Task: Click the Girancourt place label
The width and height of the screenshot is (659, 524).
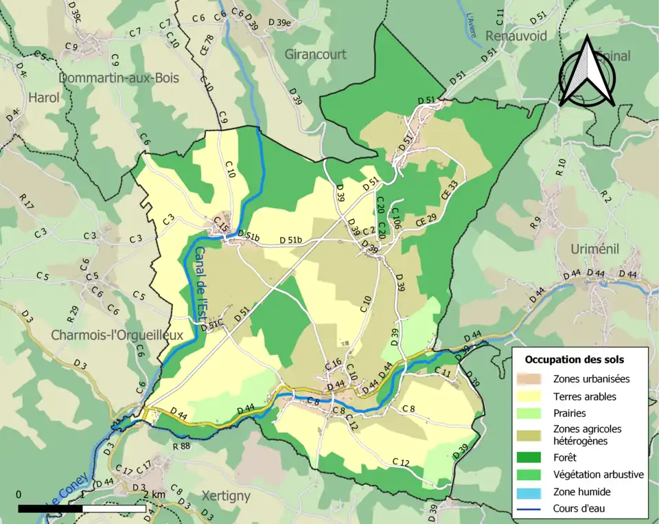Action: tap(316, 54)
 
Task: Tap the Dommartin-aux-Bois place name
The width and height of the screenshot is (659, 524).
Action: tap(119, 78)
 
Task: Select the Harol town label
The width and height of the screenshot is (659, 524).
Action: tap(44, 98)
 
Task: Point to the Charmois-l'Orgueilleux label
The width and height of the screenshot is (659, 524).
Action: tap(117, 335)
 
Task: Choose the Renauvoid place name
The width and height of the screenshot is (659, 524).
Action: tap(516, 35)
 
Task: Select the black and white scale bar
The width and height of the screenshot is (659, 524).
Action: tap(82, 508)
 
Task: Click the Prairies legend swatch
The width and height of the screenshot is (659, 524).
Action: tap(534, 413)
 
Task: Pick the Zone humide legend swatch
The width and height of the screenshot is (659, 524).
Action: tap(534, 492)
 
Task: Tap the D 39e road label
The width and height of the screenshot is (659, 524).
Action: tap(279, 23)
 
